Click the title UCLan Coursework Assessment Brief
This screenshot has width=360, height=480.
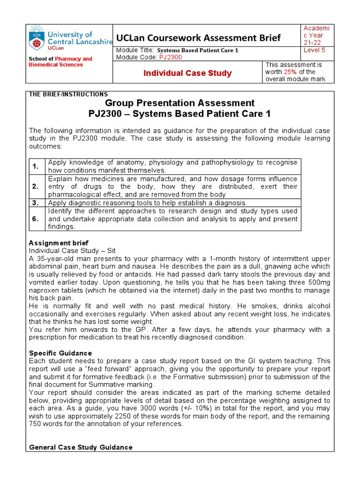(199, 38)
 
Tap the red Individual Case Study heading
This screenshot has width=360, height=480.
(187, 73)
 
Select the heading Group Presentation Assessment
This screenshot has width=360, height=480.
(180, 103)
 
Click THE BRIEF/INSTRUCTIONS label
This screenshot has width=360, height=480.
(68, 94)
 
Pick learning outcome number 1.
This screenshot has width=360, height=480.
(36, 166)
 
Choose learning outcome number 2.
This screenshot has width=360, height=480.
(36, 187)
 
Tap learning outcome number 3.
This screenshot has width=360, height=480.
(36, 202)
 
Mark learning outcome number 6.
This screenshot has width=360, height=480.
(36, 219)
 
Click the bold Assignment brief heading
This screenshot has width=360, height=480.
(52, 243)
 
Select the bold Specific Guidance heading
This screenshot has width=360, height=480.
(60, 353)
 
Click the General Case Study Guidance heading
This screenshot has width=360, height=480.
(81, 447)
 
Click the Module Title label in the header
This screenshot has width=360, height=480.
(135, 50)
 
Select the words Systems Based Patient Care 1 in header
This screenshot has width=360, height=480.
(197, 50)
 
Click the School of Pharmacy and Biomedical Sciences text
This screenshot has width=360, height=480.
(60, 62)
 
